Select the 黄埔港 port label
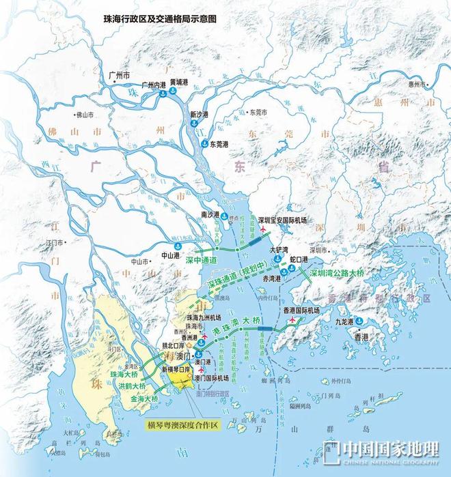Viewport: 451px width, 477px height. pos(180,82)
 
